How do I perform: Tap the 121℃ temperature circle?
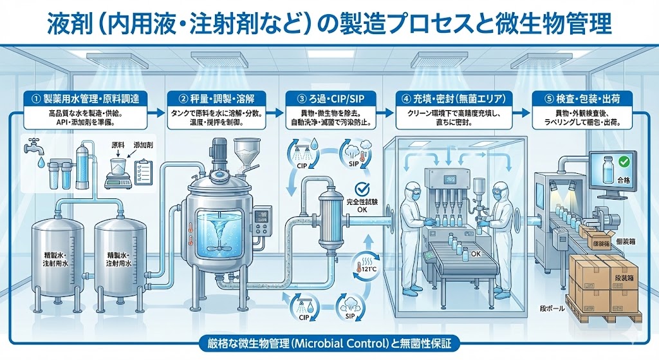coord(364,266)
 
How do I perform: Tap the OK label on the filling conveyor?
coord(476,253)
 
